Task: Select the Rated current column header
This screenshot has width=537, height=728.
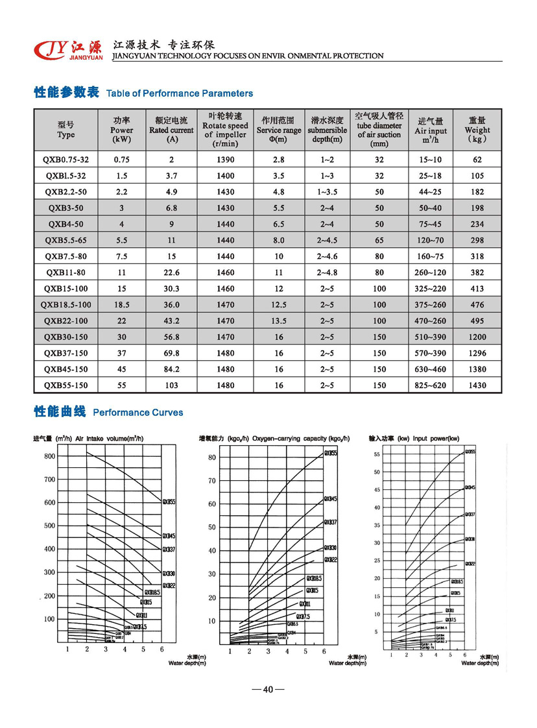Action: point(171,130)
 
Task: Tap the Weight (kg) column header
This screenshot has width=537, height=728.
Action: point(477,130)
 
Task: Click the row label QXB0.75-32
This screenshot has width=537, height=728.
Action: point(66,160)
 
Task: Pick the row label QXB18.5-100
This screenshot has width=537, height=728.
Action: point(66,305)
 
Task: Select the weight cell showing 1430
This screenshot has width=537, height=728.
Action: point(477,385)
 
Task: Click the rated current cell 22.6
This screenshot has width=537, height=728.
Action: point(171,273)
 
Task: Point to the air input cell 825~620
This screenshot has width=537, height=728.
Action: point(431,385)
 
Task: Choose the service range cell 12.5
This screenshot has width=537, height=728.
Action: point(279,305)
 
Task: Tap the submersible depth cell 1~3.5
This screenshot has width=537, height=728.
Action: point(328,192)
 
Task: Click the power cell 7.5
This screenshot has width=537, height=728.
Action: point(121,256)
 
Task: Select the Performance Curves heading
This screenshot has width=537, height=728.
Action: point(138,413)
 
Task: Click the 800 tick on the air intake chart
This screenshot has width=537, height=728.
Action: point(50,456)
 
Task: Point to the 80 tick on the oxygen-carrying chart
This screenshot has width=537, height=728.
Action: point(211,457)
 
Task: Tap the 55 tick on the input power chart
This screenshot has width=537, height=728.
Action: point(376,454)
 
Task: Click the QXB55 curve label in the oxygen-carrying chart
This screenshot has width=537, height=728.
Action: point(331,453)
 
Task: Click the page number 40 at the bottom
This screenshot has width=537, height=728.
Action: point(268,690)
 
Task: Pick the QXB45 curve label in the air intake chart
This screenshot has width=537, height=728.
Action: point(169,536)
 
